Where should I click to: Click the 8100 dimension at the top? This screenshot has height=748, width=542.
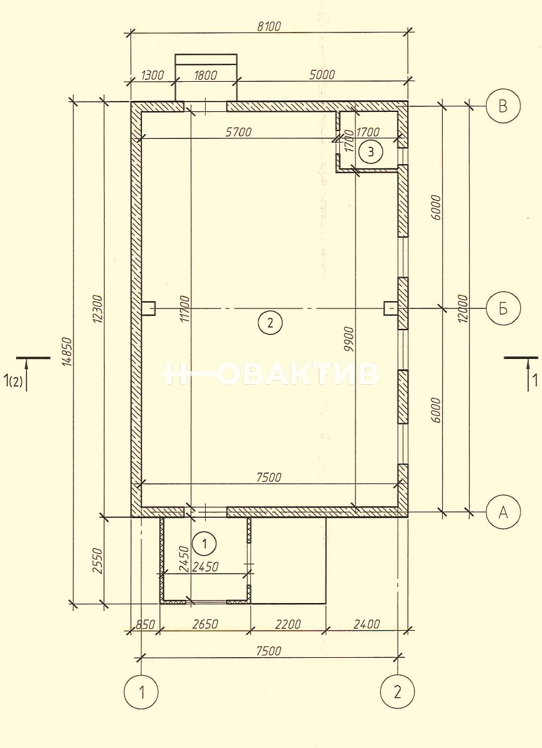[269, 26]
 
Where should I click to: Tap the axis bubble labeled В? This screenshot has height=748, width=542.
[503, 106]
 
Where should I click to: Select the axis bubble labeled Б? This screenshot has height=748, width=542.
[503, 308]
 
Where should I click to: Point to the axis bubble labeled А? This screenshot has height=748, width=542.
[503, 512]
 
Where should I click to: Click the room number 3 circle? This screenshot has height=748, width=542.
[371, 152]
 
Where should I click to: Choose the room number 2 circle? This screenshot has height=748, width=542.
[270, 323]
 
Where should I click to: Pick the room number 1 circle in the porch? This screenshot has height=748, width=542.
[205, 544]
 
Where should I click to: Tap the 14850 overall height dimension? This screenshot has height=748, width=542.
[67, 351]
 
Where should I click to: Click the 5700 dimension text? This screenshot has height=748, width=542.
[239, 132]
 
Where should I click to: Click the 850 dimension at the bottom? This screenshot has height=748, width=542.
[145, 624]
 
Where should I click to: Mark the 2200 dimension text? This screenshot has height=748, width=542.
[288, 624]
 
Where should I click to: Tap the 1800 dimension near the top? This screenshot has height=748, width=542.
[205, 75]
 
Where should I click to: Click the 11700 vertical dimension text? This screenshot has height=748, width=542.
[185, 308]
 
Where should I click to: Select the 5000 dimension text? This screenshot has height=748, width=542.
[321, 75]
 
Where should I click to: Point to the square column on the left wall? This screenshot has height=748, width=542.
[149, 308]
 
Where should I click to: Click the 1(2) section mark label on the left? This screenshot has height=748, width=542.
[13, 381]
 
